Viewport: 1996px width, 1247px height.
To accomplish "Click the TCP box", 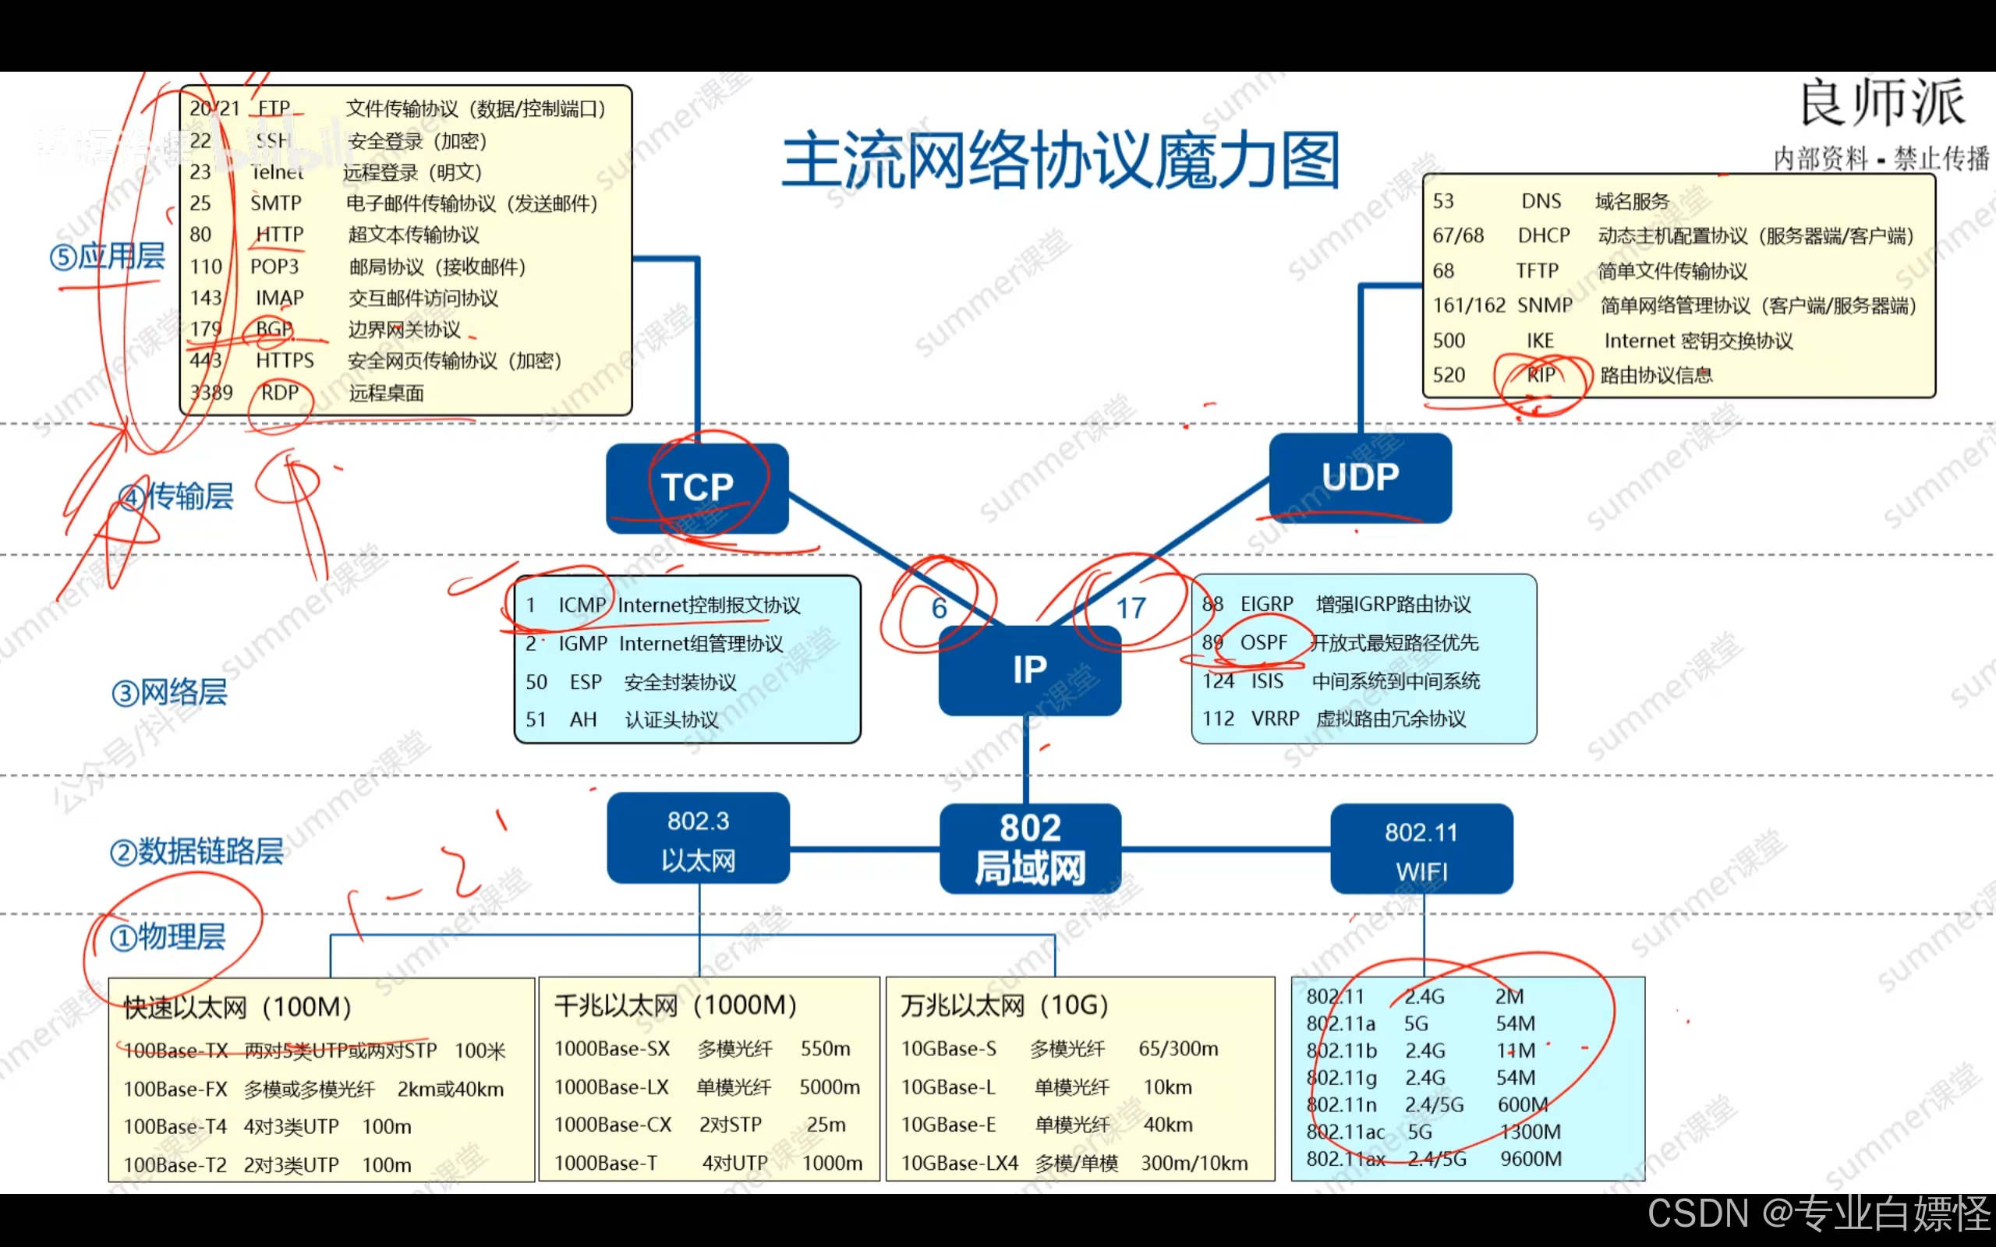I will click(697, 487).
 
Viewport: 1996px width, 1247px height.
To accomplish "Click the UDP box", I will click(1360, 478).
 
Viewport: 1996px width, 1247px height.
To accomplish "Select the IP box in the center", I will click(1029, 669).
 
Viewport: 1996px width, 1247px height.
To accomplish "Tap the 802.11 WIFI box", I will click(1421, 850).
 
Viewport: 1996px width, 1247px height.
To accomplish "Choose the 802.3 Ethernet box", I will click(698, 839).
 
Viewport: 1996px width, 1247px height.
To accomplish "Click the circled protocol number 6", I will click(939, 609).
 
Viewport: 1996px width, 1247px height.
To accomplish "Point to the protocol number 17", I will click(1131, 609).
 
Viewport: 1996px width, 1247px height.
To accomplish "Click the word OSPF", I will click(1263, 642).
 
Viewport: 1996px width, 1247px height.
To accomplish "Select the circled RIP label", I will click(1540, 375).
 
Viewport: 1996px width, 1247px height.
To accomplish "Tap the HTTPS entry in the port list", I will click(285, 360).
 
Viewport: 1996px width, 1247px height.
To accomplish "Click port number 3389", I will click(211, 393).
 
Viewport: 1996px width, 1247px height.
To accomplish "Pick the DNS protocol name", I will click(1541, 201).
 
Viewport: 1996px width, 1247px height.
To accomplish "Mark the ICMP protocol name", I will click(582, 606).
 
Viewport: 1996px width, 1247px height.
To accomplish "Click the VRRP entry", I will click(1275, 719).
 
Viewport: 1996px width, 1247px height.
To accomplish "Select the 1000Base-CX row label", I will click(613, 1125).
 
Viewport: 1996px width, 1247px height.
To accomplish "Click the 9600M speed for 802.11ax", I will click(1531, 1159).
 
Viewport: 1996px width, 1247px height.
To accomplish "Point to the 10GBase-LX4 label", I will click(959, 1164).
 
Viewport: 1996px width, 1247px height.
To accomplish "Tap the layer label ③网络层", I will click(169, 693).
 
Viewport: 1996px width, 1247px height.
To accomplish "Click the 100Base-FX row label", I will click(175, 1090).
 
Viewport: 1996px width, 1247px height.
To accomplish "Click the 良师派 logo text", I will click(1881, 104).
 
